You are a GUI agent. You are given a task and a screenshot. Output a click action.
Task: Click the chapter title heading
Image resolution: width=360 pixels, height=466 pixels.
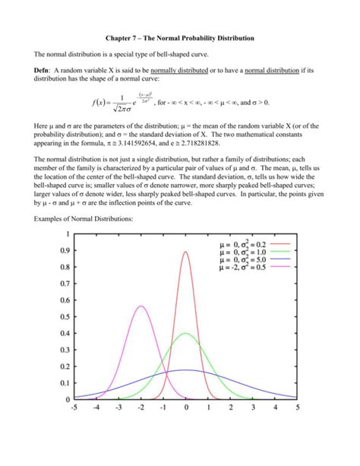click(x=180, y=37)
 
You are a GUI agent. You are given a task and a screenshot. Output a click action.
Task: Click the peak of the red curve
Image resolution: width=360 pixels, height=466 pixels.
click(x=186, y=252)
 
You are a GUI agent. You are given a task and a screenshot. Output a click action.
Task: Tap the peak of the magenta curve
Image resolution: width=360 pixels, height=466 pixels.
click(x=141, y=306)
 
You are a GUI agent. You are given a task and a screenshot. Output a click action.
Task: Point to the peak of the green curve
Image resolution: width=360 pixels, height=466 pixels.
click(x=186, y=333)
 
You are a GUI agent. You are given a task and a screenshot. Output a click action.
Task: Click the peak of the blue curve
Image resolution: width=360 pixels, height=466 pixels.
click(x=186, y=370)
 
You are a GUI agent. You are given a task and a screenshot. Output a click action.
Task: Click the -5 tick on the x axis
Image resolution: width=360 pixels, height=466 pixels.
click(x=74, y=407)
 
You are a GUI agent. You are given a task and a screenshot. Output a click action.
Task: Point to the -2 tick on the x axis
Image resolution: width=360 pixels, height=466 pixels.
click(x=141, y=407)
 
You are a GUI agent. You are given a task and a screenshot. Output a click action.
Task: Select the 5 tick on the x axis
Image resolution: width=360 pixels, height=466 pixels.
click(x=298, y=407)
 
